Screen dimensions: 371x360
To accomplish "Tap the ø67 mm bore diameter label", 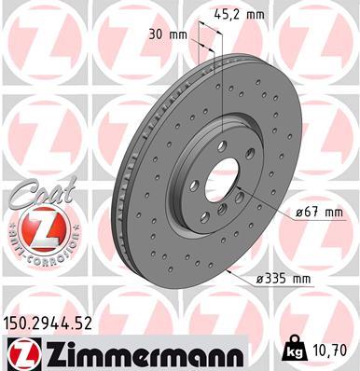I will (319, 213).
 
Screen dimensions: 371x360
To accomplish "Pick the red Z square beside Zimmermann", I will (18, 351).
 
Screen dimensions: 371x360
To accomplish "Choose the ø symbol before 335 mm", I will (260, 278).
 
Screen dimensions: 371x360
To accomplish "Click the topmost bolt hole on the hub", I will (224, 149).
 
